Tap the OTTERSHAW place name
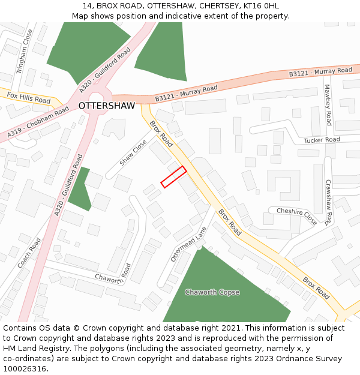[107, 106]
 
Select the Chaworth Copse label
[212, 292]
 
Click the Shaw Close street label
[133, 153]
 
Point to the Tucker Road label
[322, 140]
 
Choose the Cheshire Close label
[296, 215]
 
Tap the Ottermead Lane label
[188, 244]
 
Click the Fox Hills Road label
[29, 97]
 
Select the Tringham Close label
[24, 52]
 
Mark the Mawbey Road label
[328, 104]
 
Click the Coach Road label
[29, 253]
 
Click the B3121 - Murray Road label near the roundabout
[186, 93]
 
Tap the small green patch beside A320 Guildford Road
[80, 188]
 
